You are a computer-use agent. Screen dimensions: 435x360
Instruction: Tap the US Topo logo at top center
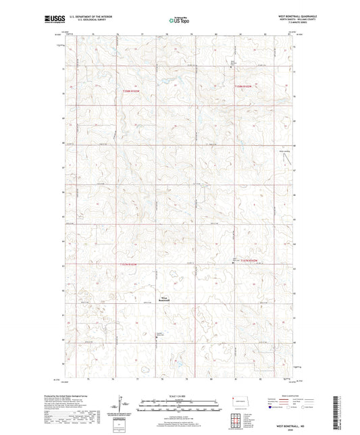pos(179,21)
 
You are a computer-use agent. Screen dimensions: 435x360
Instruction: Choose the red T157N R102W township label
pos(243,259)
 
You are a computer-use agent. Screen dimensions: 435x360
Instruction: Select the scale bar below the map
pos(180,407)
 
